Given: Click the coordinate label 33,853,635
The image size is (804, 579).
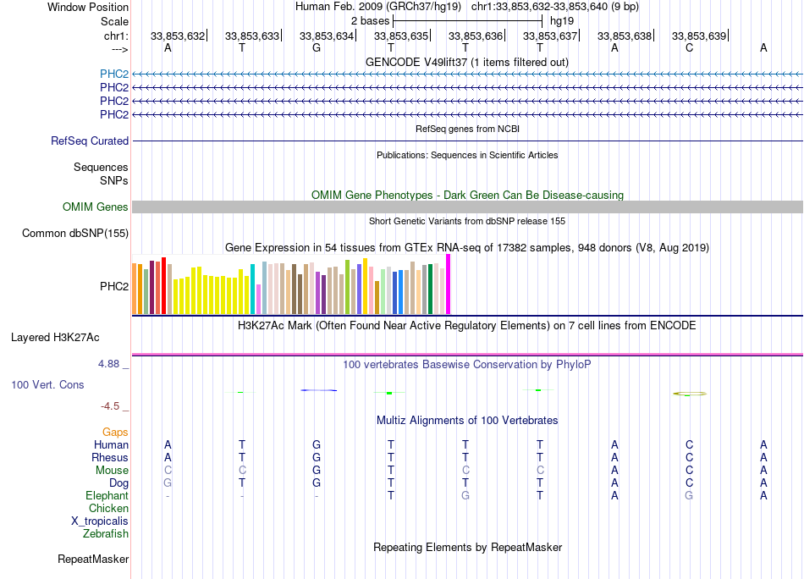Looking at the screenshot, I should pos(401,36).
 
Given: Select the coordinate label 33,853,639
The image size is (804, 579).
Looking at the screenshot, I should pos(699,36).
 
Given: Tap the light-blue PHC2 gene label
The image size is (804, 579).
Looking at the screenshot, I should pos(114,74).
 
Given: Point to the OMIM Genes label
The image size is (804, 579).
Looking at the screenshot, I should pos(96,207).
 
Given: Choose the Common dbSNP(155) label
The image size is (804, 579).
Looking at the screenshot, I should pos(75,234).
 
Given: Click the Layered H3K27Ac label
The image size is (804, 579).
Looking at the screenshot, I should pos(55,337).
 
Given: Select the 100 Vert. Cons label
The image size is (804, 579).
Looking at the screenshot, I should pos(47,385).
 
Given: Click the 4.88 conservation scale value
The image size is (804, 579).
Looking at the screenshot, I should pos(113,364).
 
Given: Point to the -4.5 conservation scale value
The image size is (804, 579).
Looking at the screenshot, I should pos(116,406).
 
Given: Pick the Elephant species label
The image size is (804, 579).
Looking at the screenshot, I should pos(107,496).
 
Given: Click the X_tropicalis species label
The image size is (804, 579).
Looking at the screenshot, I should pos(100,521).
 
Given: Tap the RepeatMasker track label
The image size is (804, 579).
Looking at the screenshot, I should pos(93,560).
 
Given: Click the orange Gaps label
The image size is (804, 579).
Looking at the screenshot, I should pos(115,433).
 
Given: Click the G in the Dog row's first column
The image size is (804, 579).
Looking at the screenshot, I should pos(168,483).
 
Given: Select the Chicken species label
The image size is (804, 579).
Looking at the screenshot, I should pos(108,509).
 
